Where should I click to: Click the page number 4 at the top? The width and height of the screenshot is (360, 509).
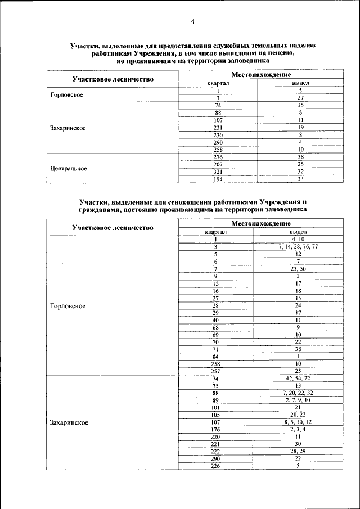[x=192, y=21]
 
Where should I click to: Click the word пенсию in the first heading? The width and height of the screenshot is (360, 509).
[x=282, y=52]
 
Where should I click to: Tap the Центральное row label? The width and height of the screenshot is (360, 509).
[x=68, y=168]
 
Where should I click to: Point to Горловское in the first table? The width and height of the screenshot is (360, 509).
[x=66, y=94]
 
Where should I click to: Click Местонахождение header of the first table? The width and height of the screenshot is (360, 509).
[x=260, y=75]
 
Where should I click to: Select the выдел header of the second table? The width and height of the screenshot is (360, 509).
[x=299, y=231]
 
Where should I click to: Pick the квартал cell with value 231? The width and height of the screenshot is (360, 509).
[x=218, y=128]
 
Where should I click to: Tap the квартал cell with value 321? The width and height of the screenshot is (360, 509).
[x=218, y=172]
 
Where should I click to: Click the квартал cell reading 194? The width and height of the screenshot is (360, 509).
[x=218, y=179]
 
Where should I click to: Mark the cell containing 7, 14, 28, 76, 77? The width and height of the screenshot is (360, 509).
[x=298, y=246]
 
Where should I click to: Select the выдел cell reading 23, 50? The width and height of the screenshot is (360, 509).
[x=298, y=269]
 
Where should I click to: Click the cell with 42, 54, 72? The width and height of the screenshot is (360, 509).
[x=298, y=378]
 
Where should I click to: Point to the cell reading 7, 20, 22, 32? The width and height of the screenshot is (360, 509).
[x=298, y=393]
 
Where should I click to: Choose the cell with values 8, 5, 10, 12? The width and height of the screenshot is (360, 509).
[x=298, y=422]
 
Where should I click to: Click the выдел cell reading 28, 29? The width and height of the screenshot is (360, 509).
[x=298, y=451]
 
